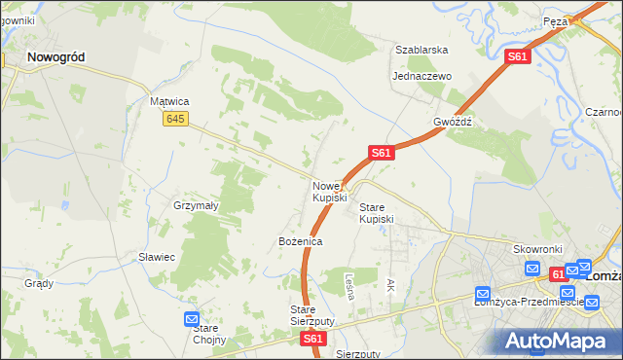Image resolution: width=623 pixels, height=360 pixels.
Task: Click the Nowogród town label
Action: (55, 57)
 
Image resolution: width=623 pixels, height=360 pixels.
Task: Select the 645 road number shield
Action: (175, 119)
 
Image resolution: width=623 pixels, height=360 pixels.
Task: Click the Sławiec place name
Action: (156, 257)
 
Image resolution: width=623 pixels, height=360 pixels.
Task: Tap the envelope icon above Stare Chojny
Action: (192, 319)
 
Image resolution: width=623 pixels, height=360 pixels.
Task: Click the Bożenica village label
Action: (300, 240)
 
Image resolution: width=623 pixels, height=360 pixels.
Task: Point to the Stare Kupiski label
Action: (377, 213)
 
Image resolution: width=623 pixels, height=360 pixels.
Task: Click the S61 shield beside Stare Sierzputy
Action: (312, 339)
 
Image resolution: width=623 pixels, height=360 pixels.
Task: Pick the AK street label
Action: (391, 285)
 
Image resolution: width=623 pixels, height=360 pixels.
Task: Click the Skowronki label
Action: (533, 249)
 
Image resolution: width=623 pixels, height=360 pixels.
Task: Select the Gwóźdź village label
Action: (453, 123)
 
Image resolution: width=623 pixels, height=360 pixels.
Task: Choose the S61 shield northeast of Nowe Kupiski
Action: (381, 153)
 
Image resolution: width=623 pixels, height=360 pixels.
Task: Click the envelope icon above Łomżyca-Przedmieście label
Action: (483, 294)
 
